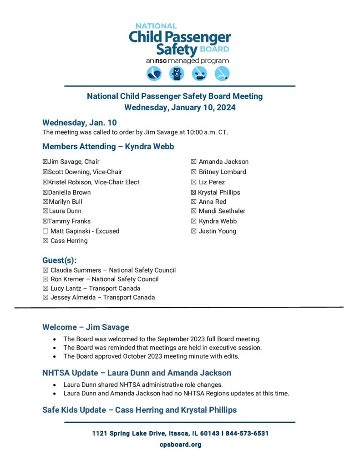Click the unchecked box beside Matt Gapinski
(45, 231)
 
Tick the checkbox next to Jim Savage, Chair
(45, 162)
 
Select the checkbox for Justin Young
(194, 231)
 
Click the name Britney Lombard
(222, 172)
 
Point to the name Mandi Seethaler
(222, 211)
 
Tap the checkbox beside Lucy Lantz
(45, 289)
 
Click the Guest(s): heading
(59, 260)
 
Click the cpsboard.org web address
(180, 445)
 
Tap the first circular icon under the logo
(154, 74)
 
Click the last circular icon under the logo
(222, 74)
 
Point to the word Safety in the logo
(177, 49)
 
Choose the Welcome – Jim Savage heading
(86, 327)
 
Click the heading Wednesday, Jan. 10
(79, 122)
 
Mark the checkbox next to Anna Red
(194, 202)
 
